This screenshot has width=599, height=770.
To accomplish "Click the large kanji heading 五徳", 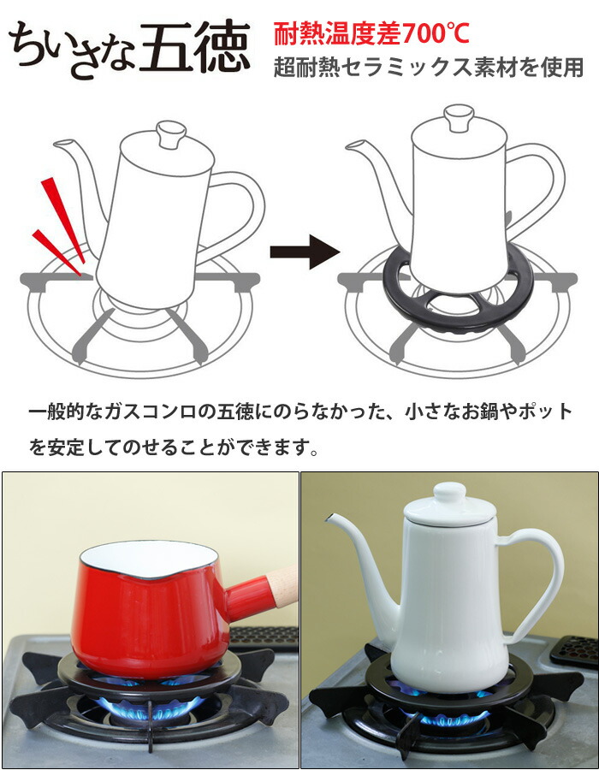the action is point(196,48).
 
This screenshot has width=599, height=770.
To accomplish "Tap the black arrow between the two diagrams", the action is point(305,252).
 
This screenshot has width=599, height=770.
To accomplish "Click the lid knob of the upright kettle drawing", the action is point(459,117).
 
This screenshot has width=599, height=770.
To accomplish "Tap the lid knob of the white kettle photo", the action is point(449,494).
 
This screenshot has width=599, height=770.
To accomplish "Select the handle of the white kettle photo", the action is point(545,584).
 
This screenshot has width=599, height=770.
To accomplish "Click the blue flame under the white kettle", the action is point(452,719).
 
